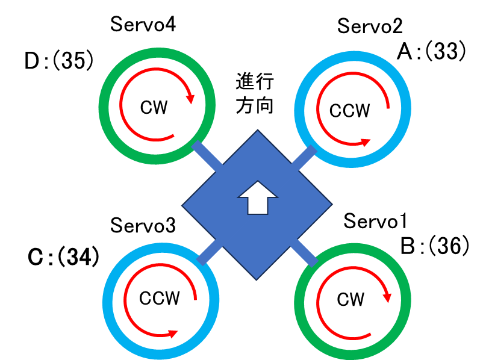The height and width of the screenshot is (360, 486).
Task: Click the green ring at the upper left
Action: (x=104, y=106)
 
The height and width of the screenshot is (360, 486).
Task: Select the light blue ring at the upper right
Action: (x=406, y=109)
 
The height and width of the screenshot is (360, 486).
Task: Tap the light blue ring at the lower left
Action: (x=108, y=301)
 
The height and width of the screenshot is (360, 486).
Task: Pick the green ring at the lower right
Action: (x=406, y=301)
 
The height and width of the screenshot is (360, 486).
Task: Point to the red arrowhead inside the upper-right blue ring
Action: (x=365, y=142)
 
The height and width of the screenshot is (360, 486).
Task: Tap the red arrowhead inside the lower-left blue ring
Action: (x=173, y=334)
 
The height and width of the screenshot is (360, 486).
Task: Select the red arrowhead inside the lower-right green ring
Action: (x=387, y=297)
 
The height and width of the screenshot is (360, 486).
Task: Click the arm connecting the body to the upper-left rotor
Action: (x=207, y=156)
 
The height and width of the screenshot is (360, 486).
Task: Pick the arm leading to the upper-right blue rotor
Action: (x=304, y=158)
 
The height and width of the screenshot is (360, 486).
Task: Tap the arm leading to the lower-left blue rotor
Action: (x=209, y=252)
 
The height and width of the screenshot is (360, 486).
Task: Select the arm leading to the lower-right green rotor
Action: (x=304, y=253)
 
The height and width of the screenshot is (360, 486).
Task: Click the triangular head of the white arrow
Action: (x=258, y=189)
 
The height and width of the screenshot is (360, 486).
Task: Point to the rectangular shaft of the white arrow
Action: (x=258, y=205)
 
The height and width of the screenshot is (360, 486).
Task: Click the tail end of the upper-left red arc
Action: (x=173, y=135)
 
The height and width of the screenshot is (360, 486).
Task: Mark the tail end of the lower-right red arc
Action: (x=370, y=334)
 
